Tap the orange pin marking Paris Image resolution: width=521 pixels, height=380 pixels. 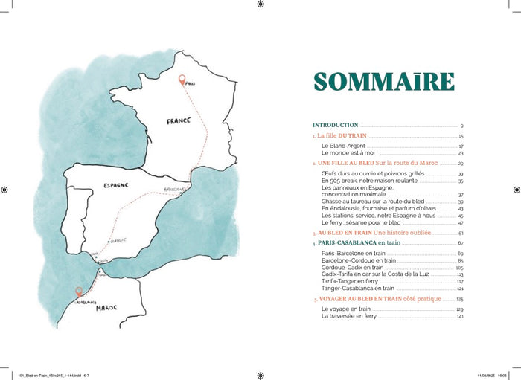[182, 80]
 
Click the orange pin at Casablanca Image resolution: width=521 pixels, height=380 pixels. [79, 293]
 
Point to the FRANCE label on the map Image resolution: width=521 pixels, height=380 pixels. [179, 121]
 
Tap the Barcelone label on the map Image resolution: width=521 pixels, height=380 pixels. [173, 189]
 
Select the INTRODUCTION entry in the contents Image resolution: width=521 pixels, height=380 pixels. [336, 126]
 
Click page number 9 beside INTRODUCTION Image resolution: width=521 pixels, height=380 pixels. [461, 126]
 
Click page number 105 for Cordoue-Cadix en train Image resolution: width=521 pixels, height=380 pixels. [460, 268]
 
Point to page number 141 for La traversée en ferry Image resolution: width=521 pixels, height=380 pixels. [461, 316]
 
